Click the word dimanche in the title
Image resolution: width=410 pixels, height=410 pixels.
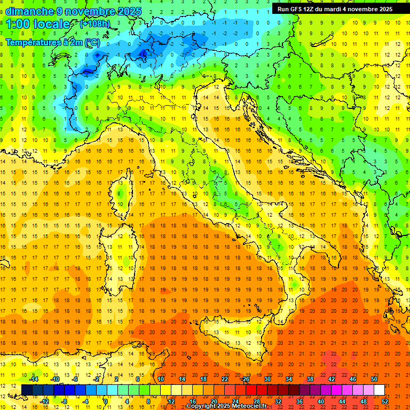click(x=29, y=11)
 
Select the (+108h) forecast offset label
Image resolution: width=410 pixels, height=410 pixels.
click(x=94, y=24)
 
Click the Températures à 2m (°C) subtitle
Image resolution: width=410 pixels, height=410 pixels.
click(x=52, y=42)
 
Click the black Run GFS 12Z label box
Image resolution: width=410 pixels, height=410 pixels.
click(x=335, y=9)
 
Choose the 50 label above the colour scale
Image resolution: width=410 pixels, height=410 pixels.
click(x=374, y=379)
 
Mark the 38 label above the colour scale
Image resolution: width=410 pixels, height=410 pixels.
click(x=310, y=379)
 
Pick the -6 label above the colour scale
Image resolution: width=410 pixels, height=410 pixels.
click(x=75, y=379)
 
